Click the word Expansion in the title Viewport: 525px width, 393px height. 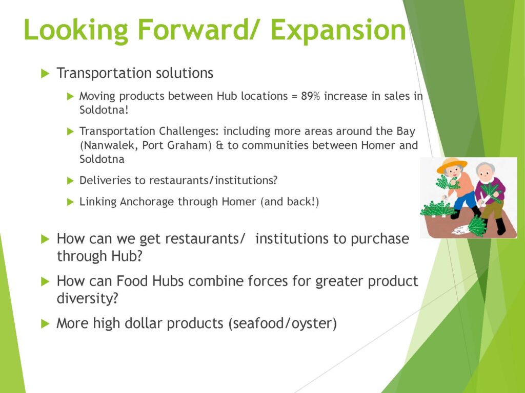(x=338, y=30)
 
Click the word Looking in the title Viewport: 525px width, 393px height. (x=76, y=30)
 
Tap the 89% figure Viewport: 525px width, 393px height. (x=310, y=96)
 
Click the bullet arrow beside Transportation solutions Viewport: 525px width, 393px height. (x=45, y=73)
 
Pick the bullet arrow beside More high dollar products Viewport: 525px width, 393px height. (x=45, y=323)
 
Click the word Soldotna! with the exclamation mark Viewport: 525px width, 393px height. (x=104, y=110)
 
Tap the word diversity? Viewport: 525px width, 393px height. (x=87, y=298)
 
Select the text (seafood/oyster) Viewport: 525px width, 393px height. (x=282, y=323)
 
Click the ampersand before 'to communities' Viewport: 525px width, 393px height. (x=219, y=145)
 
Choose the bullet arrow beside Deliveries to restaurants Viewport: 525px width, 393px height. (x=70, y=181)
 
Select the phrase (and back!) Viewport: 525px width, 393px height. (x=290, y=202)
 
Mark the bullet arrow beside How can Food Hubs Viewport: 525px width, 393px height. (x=45, y=281)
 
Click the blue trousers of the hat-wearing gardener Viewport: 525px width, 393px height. (x=466, y=201)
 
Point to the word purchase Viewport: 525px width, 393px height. (x=380, y=239)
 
